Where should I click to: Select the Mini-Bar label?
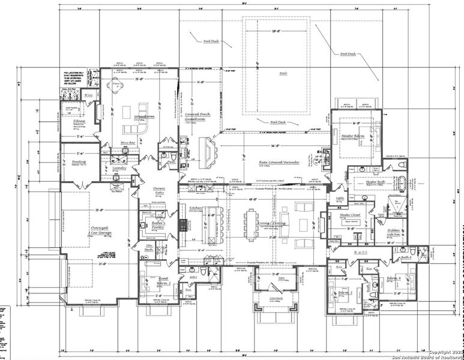pyautogui.click(x=128, y=142)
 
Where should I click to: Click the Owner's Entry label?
pyautogui.click(x=159, y=191)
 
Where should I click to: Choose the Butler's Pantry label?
pyautogui.click(x=158, y=224)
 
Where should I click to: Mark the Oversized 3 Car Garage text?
pyautogui.click(x=100, y=231)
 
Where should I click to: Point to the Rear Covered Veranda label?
pyautogui.click(x=279, y=162)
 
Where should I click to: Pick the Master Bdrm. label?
pyautogui.click(x=354, y=136)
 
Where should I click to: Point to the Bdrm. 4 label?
pyautogui.click(x=394, y=279)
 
